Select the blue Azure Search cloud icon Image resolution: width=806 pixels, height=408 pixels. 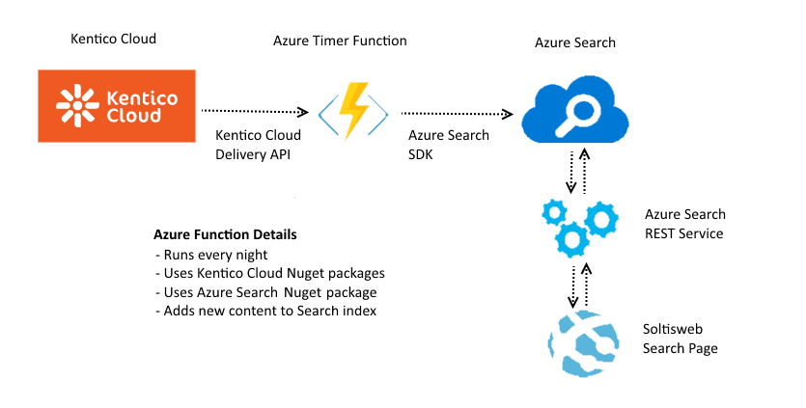click(573, 107)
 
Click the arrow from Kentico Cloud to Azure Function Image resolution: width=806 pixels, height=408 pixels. click(254, 112)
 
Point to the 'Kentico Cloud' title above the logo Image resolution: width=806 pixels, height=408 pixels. click(113, 39)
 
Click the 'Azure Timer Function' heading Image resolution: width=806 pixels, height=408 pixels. click(340, 41)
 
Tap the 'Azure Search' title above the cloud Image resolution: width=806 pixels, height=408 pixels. click(574, 42)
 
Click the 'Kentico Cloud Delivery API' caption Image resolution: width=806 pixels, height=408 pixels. click(258, 144)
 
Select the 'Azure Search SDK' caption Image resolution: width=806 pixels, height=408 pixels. click(448, 144)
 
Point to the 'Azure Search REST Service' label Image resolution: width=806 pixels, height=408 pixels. click(684, 224)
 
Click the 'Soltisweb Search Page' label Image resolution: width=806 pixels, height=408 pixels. click(681, 338)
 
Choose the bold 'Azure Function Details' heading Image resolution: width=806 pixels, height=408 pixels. click(225, 235)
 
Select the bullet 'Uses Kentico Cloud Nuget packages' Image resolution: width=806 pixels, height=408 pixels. click(269, 273)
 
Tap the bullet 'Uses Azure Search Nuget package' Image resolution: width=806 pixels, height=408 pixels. click(264, 291)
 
